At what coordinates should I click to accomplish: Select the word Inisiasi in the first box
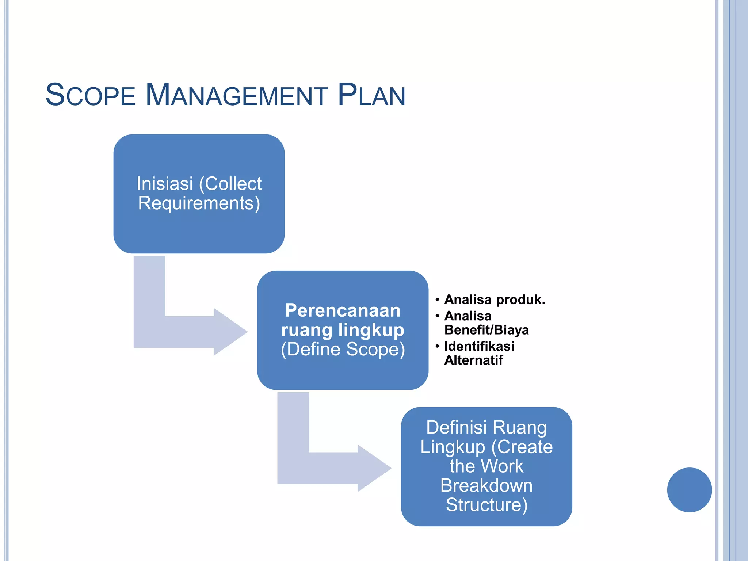tap(164, 184)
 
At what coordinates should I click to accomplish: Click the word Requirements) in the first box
tap(199, 203)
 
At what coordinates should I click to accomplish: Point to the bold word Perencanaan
tap(343, 310)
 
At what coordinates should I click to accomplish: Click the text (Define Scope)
tap(343, 349)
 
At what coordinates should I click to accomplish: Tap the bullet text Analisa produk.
tap(494, 300)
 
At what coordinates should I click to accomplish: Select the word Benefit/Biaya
tap(486, 330)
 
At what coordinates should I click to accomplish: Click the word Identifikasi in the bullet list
tap(479, 346)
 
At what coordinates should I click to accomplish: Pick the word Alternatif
tap(473, 360)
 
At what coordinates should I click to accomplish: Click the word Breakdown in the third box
tap(486, 486)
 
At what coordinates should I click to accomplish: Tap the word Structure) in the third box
tap(486, 505)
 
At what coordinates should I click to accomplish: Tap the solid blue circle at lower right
tap(689, 490)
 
